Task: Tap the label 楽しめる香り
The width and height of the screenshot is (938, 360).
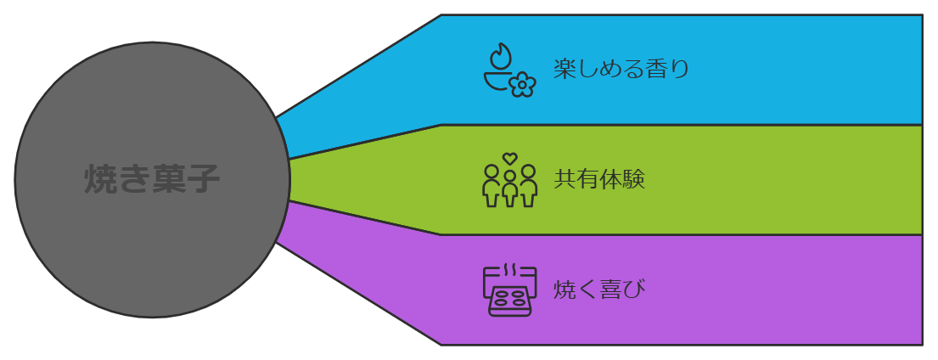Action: click(621, 69)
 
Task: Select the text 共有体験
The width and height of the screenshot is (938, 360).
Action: click(599, 180)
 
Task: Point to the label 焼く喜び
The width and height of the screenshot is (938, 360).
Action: click(599, 290)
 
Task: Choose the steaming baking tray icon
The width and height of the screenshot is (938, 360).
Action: click(508, 290)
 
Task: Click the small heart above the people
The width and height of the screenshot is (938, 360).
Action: click(509, 158)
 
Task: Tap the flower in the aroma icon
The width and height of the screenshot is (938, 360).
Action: click(522, 84)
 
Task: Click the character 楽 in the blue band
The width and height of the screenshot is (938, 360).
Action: click(564, 69)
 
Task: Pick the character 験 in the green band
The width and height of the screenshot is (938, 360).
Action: click(634, 180)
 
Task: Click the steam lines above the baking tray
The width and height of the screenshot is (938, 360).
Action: click(509, 271)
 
